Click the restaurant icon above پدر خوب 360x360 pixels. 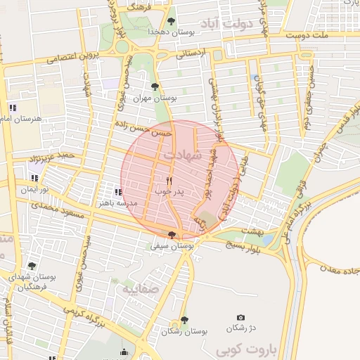[169, 181]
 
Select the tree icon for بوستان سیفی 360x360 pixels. [172, 235]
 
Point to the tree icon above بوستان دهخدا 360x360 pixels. [172, 21]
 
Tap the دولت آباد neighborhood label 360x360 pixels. [230, 25]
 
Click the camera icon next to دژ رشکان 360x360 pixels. [241, 319]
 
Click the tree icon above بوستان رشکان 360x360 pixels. [184, 320]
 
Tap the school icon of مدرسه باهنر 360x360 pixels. [117, 192]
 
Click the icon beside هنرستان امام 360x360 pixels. [12, 107]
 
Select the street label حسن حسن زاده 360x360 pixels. [145, 129]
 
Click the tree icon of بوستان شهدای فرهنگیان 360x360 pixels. [31, 266]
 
